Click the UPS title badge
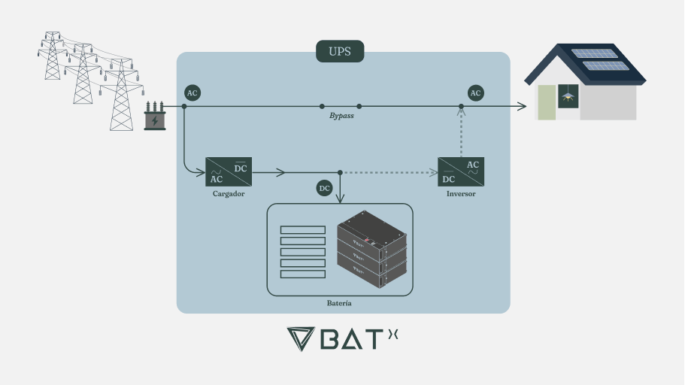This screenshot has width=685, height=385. (x=340, y=51)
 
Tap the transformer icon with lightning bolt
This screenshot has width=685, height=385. (x=155, y=117)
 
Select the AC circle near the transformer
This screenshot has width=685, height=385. (x=192, y=93)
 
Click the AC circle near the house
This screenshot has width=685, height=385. (x=475, y=93)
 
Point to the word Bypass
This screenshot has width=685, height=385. (x=341, y=117)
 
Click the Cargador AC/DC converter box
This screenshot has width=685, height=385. (x=229, y=171)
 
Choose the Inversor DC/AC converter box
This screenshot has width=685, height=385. (x=461, y=171)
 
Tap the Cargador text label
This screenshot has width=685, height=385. (x=229, y=194)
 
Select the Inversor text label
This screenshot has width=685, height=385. (x=461, y=194)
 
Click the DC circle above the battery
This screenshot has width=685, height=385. (x=324, y=188)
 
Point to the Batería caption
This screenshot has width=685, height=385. (x=340, y=303)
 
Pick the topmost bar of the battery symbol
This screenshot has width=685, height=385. (x=302, y=229)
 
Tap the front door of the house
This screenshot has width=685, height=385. (x=547, y=102)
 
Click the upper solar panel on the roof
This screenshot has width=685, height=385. (x=594, y=53)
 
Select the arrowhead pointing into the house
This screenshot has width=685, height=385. (x=521, y=107)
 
